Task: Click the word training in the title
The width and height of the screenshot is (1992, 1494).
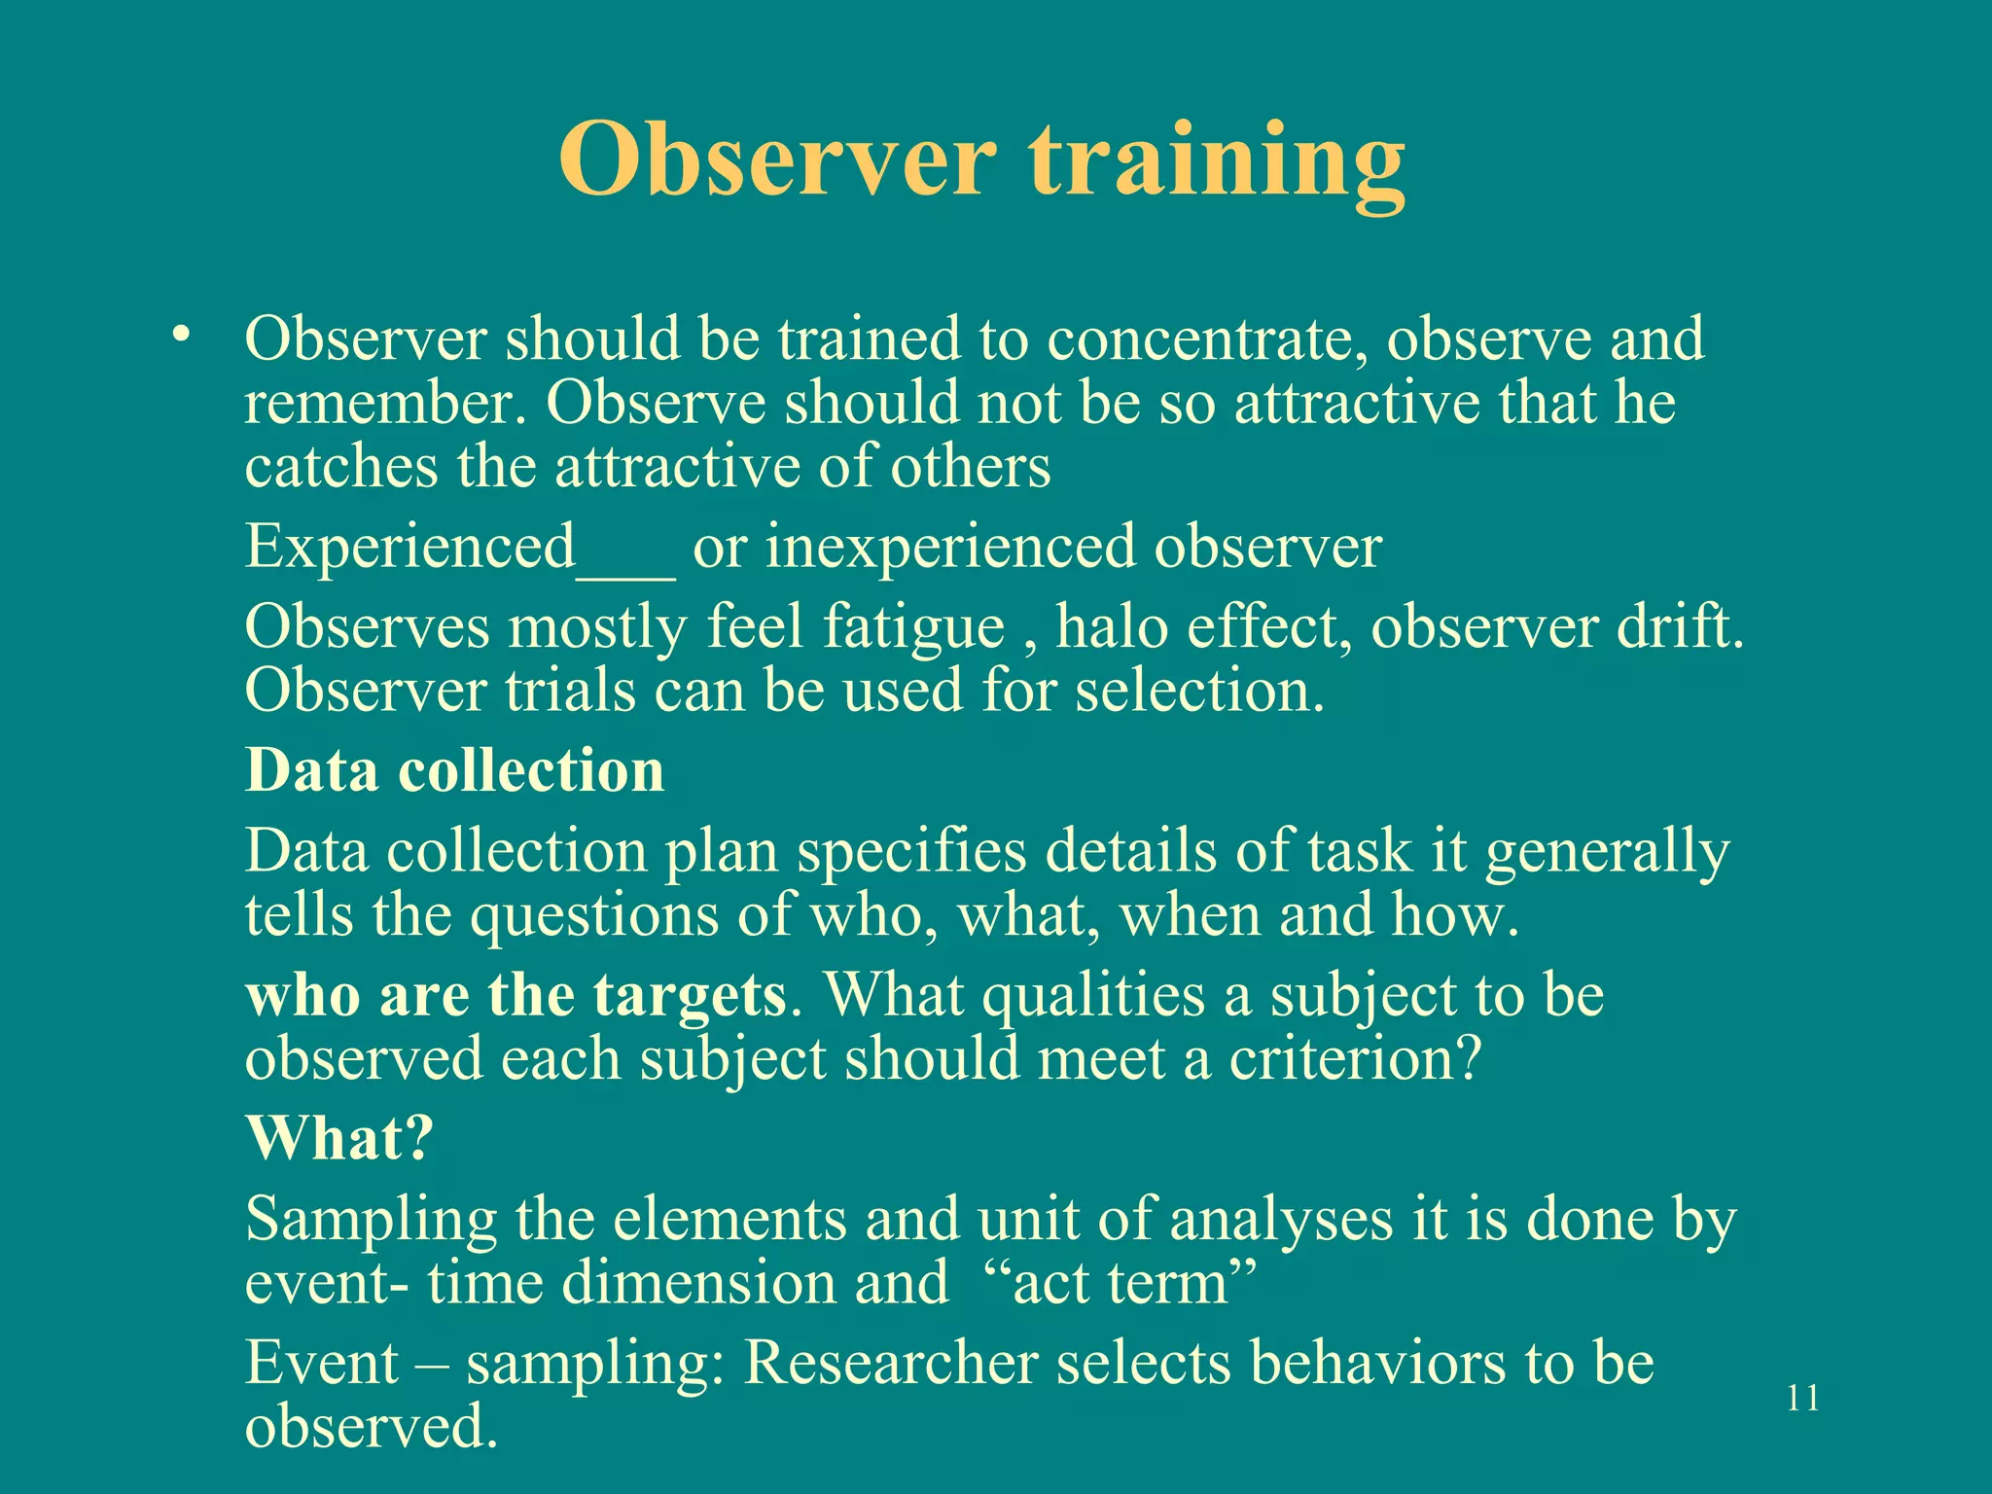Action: click(x=1216, y=160)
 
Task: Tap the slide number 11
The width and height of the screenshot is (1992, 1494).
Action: click(x=1803, y=1398)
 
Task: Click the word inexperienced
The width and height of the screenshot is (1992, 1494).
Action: click(x=950, y=547)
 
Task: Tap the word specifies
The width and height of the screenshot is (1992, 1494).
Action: click(x=910, y=852)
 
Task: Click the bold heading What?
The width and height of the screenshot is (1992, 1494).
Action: click(x=338, y=1137)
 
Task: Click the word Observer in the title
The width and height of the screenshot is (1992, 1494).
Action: click(x=778, y=160)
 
